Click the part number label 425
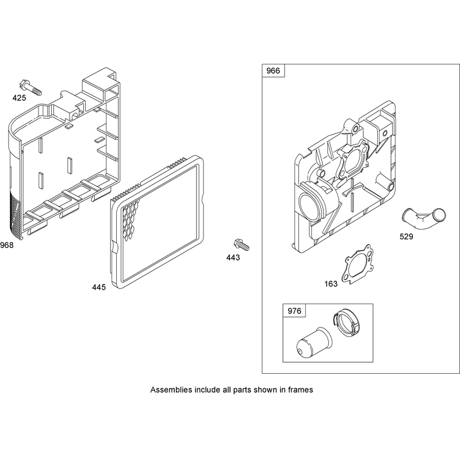(x=19, y=98)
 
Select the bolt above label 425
(x=30, y=87)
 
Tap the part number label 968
(x=7, y=245)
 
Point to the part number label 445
(x=99, y=287)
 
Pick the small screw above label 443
(x=241, y=245)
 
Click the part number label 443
(x=233, y=258)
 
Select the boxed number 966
(x=273, y=71)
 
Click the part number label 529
(x=407, y=236)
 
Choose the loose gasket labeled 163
(x=358, y=264)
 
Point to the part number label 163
(x=331, y=284)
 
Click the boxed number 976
(x=294, y=310)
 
